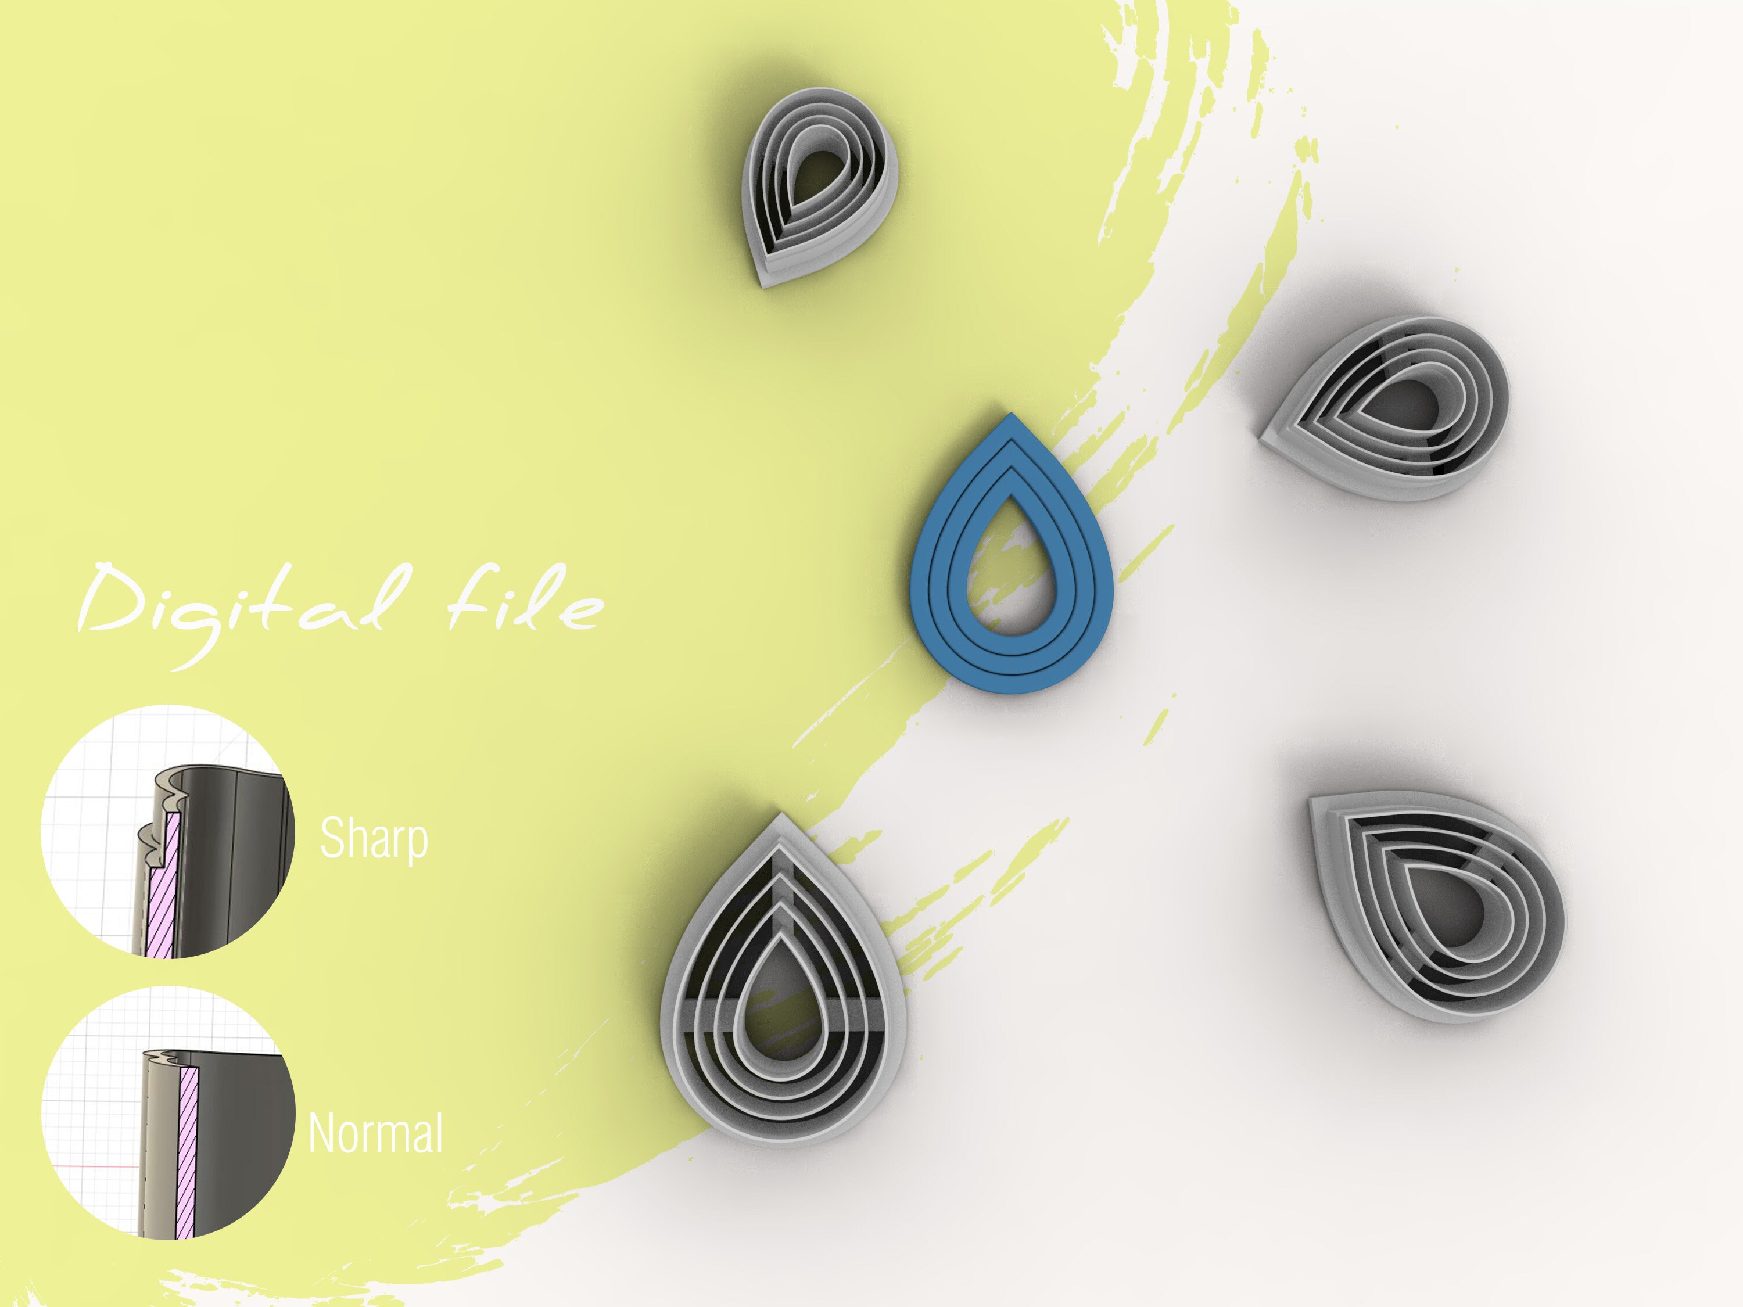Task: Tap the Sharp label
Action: [x=374, y=838]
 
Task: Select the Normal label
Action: [x=375, y=1133]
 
